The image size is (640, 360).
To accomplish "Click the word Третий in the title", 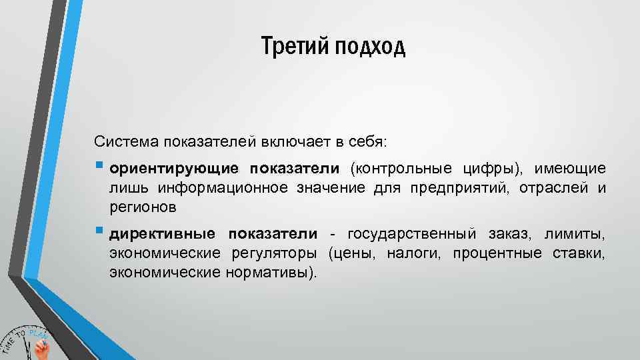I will (291, 47).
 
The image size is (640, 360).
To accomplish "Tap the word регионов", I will (143, 207).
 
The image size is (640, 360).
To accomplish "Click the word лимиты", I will (575, 234).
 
